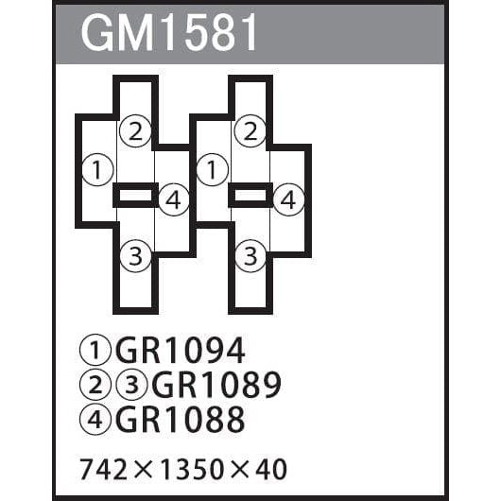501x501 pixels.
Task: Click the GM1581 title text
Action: [168, 33]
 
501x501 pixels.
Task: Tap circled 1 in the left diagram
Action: [97, 169]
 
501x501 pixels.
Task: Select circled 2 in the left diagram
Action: [135, 131]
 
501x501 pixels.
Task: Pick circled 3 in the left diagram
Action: [135, 256]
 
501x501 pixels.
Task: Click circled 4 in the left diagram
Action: [174, 200]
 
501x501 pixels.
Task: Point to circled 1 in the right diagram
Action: [213, 169]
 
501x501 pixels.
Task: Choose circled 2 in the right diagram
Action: [250, 131]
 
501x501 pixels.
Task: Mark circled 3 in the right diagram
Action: [250, 256]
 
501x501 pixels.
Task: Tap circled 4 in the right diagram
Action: [288, 200]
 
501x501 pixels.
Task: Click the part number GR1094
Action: [181, 350]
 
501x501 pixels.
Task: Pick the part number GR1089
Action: [216, 385]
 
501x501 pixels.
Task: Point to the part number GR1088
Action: [181, 419]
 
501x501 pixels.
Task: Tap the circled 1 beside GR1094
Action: [95, 350]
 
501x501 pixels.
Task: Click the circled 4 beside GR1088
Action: [95, 419]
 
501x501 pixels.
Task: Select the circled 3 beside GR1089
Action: [131, 385]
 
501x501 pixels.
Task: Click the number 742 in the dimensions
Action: [104, 470]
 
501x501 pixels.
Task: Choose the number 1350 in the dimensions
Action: [191, 470]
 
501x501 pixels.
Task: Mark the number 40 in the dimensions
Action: [270, 470]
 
